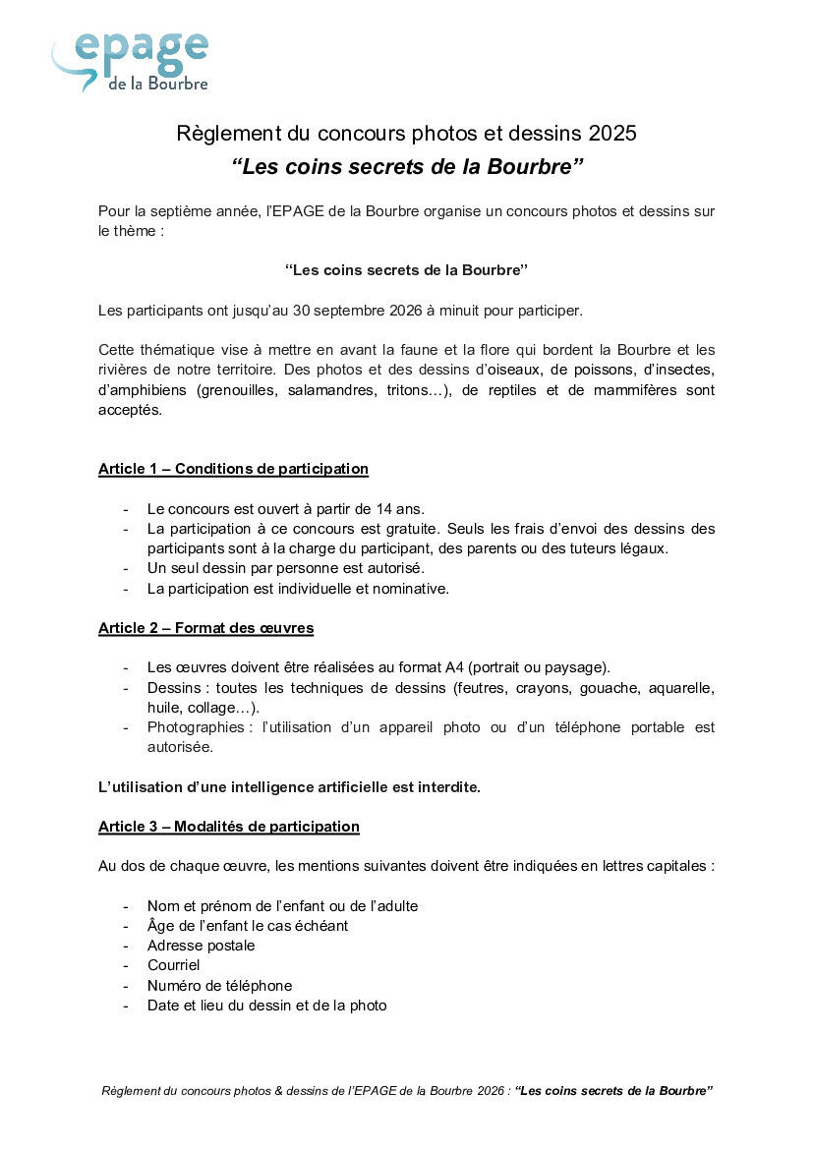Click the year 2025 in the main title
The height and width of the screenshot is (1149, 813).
(x=612, y=133)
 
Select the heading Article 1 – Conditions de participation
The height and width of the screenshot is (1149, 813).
(x=233, y=469)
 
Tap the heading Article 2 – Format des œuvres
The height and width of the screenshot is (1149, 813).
(x=205, y=627)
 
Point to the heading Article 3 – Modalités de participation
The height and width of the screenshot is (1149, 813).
(x=228, y=827)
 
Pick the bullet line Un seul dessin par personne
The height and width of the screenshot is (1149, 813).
(x=285, y=568)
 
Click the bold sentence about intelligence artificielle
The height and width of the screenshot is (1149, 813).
(x=289, y=787)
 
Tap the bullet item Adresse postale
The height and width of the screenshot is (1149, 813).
(x=201, y=946)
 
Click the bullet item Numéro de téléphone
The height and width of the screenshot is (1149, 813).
(x=219, y=986)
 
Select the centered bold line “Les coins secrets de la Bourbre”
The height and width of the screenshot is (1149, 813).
(x=406, y=269)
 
